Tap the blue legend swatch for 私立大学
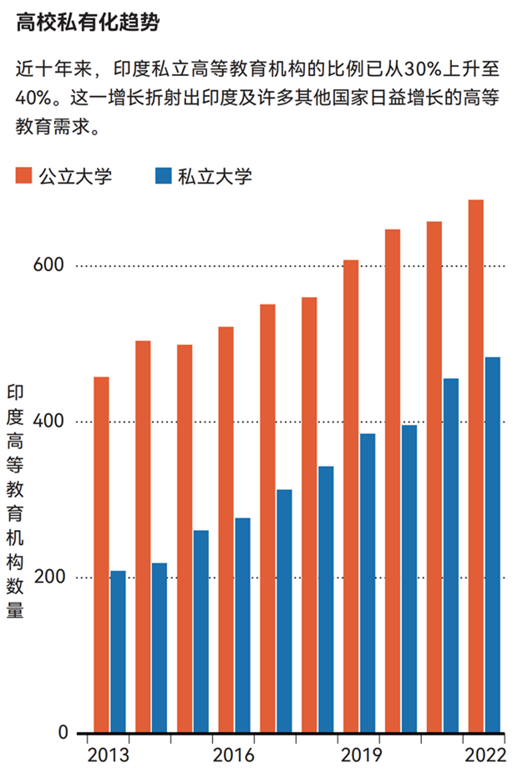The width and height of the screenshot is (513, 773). tap(164, 175)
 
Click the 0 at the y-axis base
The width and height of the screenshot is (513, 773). tap(62, 733)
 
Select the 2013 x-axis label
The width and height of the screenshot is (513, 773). tap(109, 755)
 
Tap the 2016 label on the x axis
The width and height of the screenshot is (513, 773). tap(233, 755)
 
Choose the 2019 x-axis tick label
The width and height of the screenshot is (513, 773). tap(358, 755)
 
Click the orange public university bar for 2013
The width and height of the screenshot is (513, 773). tap(101, 555)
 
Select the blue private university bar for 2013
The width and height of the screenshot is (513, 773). tap(118, 652)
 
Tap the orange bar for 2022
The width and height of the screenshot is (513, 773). tap(476, 467)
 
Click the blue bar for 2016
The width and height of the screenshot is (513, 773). tap(242, 625)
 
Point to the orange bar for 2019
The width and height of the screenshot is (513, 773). tap(351, 497)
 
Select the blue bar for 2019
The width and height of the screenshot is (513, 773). tap(368, 584)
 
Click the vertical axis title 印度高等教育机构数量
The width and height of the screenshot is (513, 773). tap(16, 502)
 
